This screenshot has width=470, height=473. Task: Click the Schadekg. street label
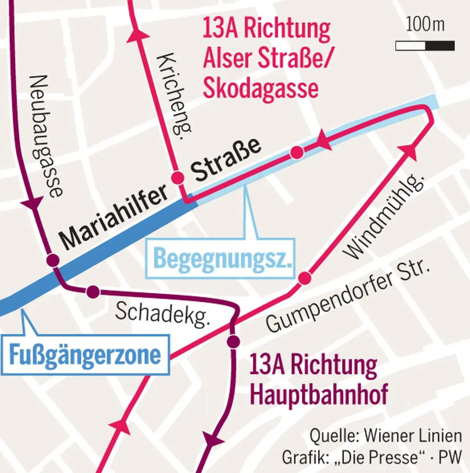click(x=162, y=314)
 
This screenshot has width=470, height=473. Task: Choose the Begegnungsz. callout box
click(x=222, y=259)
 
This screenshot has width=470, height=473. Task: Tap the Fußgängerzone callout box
click(x=85, y=354)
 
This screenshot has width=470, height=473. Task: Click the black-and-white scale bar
click(x=425, y=46)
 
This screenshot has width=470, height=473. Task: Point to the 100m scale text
click(x=425, y=25)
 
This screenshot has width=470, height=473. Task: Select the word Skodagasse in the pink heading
click(x=260, y=88)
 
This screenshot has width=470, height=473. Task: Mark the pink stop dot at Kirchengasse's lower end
click(x=178, y=177)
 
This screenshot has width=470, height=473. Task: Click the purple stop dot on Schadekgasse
click(x=93, y=291)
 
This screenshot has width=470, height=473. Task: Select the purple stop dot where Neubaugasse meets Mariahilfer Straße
click(x=52, y=260)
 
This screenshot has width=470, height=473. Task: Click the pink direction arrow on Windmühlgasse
click(x=408, y=151)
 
